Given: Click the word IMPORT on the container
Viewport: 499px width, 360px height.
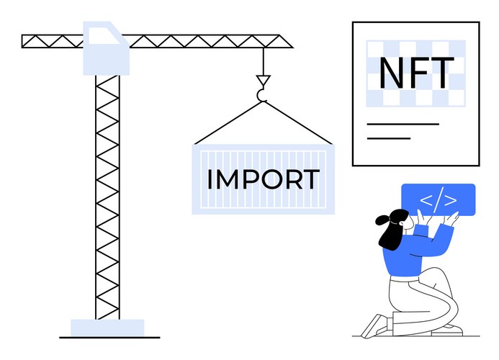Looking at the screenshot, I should point(263,179).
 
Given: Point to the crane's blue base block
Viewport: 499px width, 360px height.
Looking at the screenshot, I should point(107,328).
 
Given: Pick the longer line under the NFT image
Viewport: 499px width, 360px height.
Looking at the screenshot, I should point(403,124).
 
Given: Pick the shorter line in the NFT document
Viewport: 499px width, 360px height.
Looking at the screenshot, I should point(388,138).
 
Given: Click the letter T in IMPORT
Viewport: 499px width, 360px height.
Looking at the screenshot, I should point(309,179).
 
